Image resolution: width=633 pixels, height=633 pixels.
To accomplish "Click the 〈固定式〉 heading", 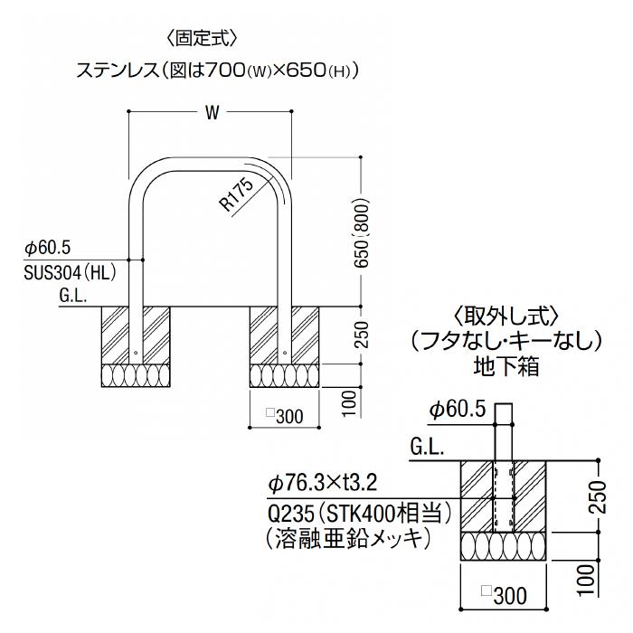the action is tap(201, 39).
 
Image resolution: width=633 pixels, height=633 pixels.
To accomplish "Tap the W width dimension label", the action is tap(212, 113).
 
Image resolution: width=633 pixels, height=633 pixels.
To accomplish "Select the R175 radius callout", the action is tap(237, 194).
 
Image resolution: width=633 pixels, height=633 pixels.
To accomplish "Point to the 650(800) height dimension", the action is tap(362, 232).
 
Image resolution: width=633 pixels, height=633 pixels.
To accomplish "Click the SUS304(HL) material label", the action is tap(70, 273).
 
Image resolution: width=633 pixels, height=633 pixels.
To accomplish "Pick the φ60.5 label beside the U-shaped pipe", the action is tap(48, 248).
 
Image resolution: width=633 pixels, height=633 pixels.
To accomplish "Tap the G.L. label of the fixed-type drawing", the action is tap(73, 296).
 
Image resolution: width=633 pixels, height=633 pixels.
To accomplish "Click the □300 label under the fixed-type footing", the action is tap(285, 416).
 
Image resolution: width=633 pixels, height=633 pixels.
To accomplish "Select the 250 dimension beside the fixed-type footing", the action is tap(362, 335).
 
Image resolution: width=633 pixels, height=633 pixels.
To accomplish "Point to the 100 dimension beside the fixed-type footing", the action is tap(350, 403).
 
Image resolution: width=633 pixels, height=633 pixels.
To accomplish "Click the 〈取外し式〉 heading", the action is tap(506, 316).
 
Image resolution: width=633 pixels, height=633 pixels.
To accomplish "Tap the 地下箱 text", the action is tap(506, 367).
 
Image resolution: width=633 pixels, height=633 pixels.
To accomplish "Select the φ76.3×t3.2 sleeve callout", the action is tap(323, 482).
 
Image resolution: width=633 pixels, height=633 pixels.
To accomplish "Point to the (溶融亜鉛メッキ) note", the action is tap(349, 539).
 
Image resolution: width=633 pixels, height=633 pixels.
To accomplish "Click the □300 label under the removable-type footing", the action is tap(505, 596).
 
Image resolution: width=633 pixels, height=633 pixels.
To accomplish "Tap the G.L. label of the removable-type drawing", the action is tap(427, 448).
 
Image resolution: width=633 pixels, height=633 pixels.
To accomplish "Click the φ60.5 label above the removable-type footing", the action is tap(457, 410).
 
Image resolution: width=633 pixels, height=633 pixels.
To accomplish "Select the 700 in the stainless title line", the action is tap(226, 71).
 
